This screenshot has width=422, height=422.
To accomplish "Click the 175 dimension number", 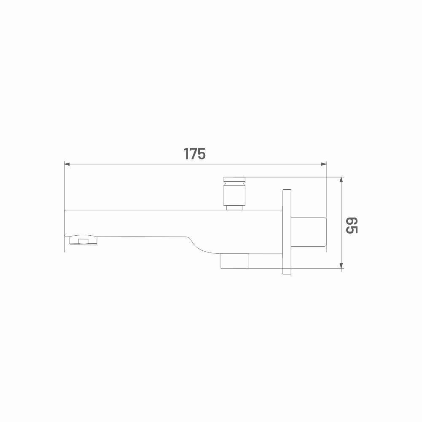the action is pyautogui.click(x=195, y=154).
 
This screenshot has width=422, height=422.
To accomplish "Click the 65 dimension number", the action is pyautogui.click(x=352, y=225).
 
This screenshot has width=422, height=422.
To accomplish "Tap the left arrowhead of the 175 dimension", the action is pyautogui.click(x=67, y=164).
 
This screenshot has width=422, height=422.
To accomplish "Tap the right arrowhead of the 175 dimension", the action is pyautogui.click(x=324, y=164).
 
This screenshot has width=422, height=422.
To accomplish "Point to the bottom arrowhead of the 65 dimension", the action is pyautogui.click(x=341, y=265).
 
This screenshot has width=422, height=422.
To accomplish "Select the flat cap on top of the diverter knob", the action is pyautogui.click(x=234, y=179).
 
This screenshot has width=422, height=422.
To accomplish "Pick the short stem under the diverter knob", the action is pyautogui.click(x=234, y=207).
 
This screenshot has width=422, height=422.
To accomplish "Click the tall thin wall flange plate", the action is pyautogui.click(x=287, y=232).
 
